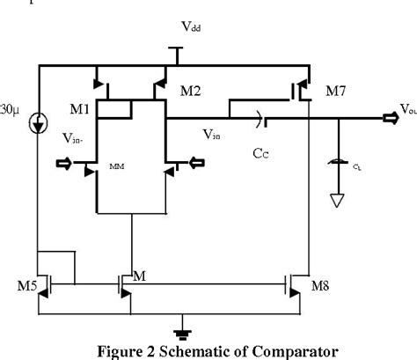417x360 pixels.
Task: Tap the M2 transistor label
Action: point(191,91)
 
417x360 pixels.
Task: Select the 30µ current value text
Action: point(9,112)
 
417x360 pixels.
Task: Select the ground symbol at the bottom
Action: point(181,333)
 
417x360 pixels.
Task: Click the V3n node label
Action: point(212,135)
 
